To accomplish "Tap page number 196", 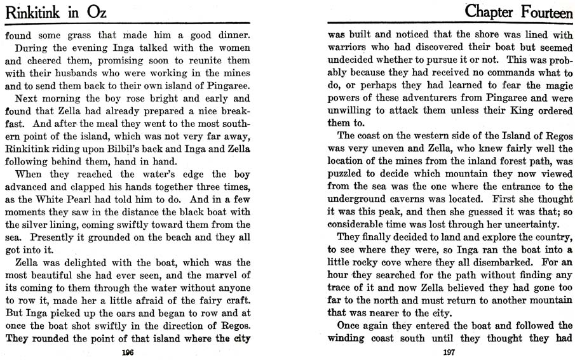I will (128, 351).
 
